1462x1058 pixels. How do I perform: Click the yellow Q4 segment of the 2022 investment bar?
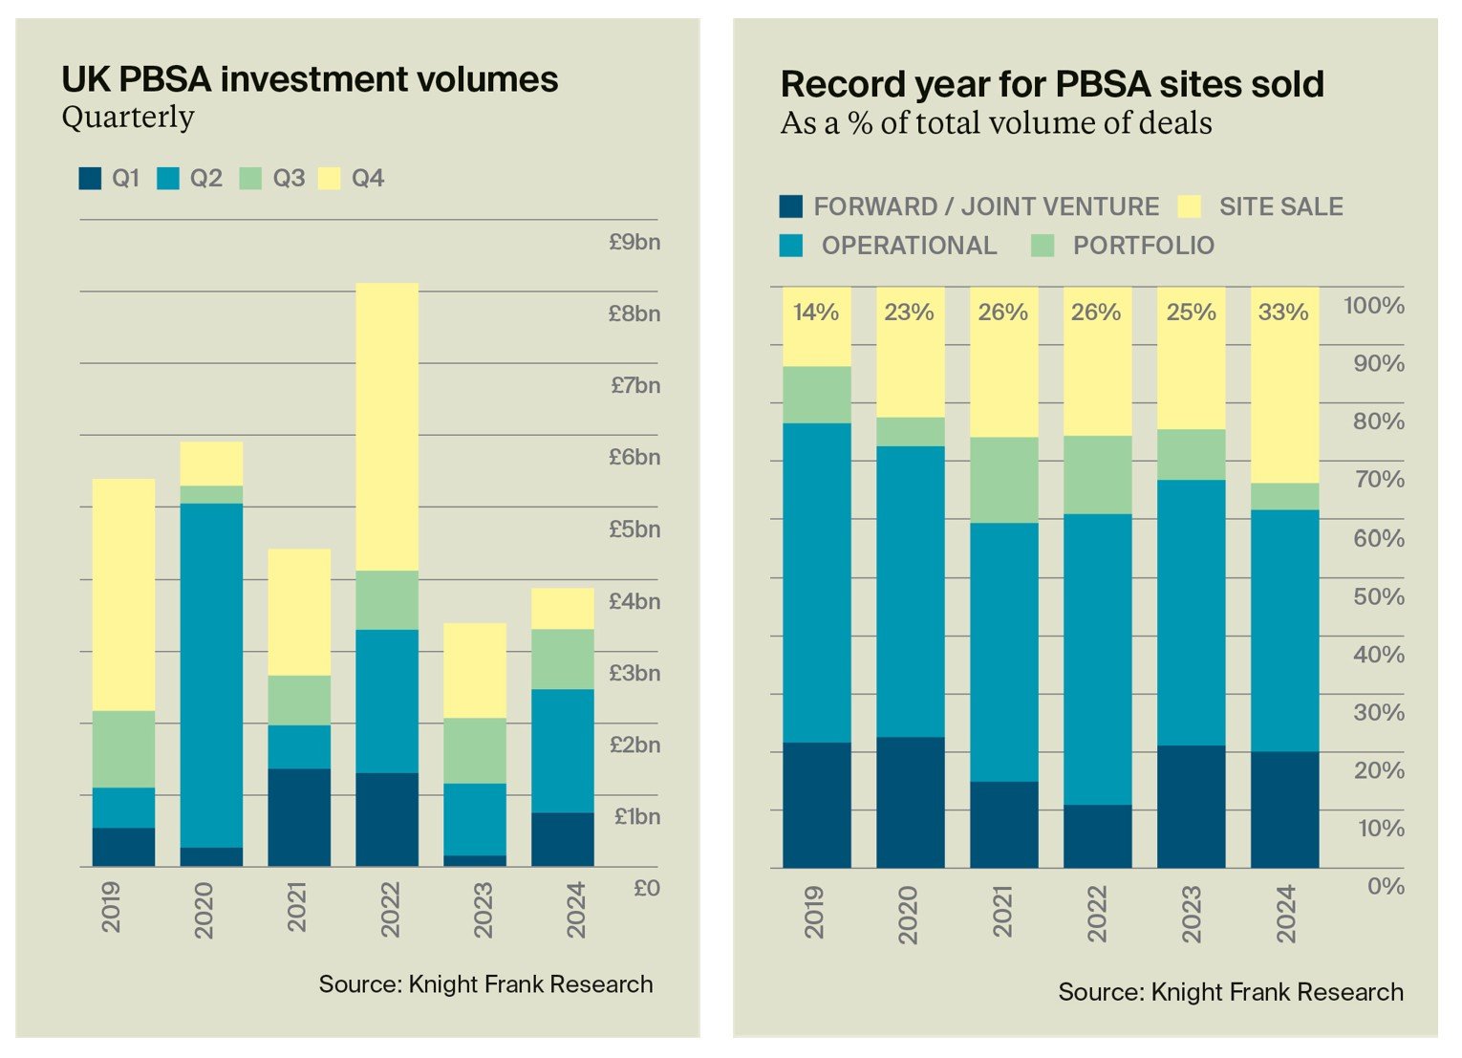[x=387, y=426]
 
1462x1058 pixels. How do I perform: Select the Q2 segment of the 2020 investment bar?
[x=211, y=675]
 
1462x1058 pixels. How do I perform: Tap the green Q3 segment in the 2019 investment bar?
[x=123, y=748]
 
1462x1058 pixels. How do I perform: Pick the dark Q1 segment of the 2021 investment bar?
[x=299, y=817]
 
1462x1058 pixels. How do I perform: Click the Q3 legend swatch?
[x=250, y=179]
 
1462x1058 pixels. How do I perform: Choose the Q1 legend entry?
[x=109, y=179]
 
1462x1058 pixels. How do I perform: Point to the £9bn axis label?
[x=634, y=242]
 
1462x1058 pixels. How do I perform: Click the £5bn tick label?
[x=634, y=529]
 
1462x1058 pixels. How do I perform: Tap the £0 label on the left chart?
[x=647, y=888]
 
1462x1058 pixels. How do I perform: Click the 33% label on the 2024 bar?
[x=1282, y=313]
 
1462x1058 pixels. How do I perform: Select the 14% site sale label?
[x=815, y=313]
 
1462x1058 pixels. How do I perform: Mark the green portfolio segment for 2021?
[x=1003, y=480]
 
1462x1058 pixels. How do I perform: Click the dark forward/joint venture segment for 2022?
[x=1097, y=836]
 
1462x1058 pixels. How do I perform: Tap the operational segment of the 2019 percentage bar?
[x=816, y=583]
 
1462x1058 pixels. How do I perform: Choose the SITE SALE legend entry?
[x=1261, y=207]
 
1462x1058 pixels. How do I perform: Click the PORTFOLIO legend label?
[x=1143, y=246]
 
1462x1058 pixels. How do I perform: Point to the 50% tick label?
[x=1378, y=597]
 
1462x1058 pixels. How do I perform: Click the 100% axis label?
[x=1373, y=306]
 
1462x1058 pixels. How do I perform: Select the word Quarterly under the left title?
[x=128, y=118]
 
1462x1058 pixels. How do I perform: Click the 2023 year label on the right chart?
[x=1191, y=914]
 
